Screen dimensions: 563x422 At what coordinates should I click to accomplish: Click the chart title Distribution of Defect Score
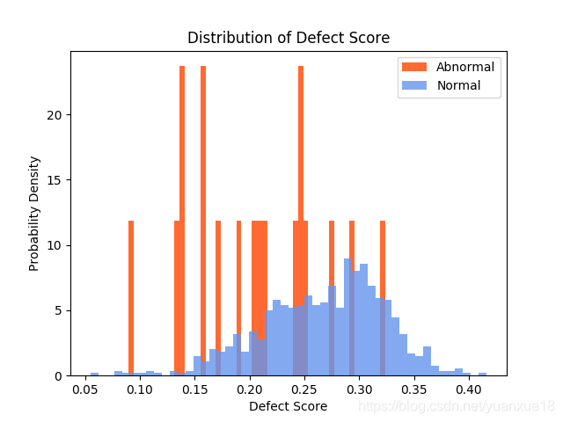coord(289,38)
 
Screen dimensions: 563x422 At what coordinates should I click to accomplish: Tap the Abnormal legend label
coord(465,67)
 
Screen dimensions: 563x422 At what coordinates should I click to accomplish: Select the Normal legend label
coord(458,85)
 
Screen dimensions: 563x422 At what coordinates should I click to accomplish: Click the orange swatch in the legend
coord(414,67)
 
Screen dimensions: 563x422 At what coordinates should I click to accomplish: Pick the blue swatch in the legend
coord(414,85)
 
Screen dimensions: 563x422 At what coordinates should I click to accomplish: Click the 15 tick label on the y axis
coord(55,180)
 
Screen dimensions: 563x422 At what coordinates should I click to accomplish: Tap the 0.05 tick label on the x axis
coord(85,389)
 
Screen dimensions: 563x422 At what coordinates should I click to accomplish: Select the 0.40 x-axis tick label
coord(469,389)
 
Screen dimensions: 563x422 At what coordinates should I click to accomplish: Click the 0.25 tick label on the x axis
coord(304,389)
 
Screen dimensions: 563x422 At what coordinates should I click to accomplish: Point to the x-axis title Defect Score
coord(289,406)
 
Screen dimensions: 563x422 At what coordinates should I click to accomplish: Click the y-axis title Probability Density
coord(33,214)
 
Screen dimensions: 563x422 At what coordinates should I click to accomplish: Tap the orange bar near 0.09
coord(131,298)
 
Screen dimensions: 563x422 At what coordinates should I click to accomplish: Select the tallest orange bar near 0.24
coord(301,221)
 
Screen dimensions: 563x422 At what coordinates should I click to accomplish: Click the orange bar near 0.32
coord(383,298)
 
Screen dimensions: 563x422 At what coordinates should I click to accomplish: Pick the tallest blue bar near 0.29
coord(348,317)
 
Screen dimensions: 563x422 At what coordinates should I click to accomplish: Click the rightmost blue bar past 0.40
coord(483,375)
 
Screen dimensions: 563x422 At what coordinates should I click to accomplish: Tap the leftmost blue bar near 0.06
coord(94,375)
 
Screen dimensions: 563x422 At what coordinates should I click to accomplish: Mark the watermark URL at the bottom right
coord(457,406)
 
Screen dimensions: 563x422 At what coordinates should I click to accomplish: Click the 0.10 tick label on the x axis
coord(140,389)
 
